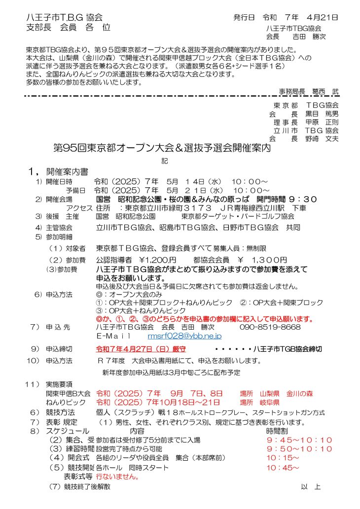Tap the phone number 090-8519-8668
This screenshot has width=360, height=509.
pyautogui.click(x=270, y=327)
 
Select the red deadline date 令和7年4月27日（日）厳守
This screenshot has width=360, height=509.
pyautogui.click(x=140, y=348)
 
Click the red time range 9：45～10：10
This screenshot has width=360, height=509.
pyautogui.click(x=299, y=440)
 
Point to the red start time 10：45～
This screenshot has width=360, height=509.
pyautogui.click(x=283, y=467)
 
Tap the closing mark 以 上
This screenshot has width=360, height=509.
pyautogui.click(x=311, y=487)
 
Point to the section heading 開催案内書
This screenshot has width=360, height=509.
pyautogui.click(x=67, y=172)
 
